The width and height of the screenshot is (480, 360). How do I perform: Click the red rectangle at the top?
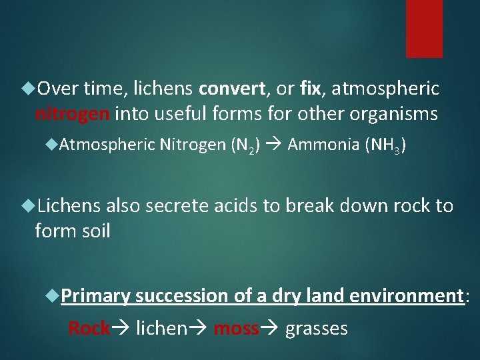coord(424,28)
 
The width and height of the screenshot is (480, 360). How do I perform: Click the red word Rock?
coord(89,328)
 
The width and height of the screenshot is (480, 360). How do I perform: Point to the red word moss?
coord(235,328)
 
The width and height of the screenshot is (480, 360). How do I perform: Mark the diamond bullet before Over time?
coord(29,88)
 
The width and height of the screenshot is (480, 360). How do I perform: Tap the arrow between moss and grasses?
coord(271,328)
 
